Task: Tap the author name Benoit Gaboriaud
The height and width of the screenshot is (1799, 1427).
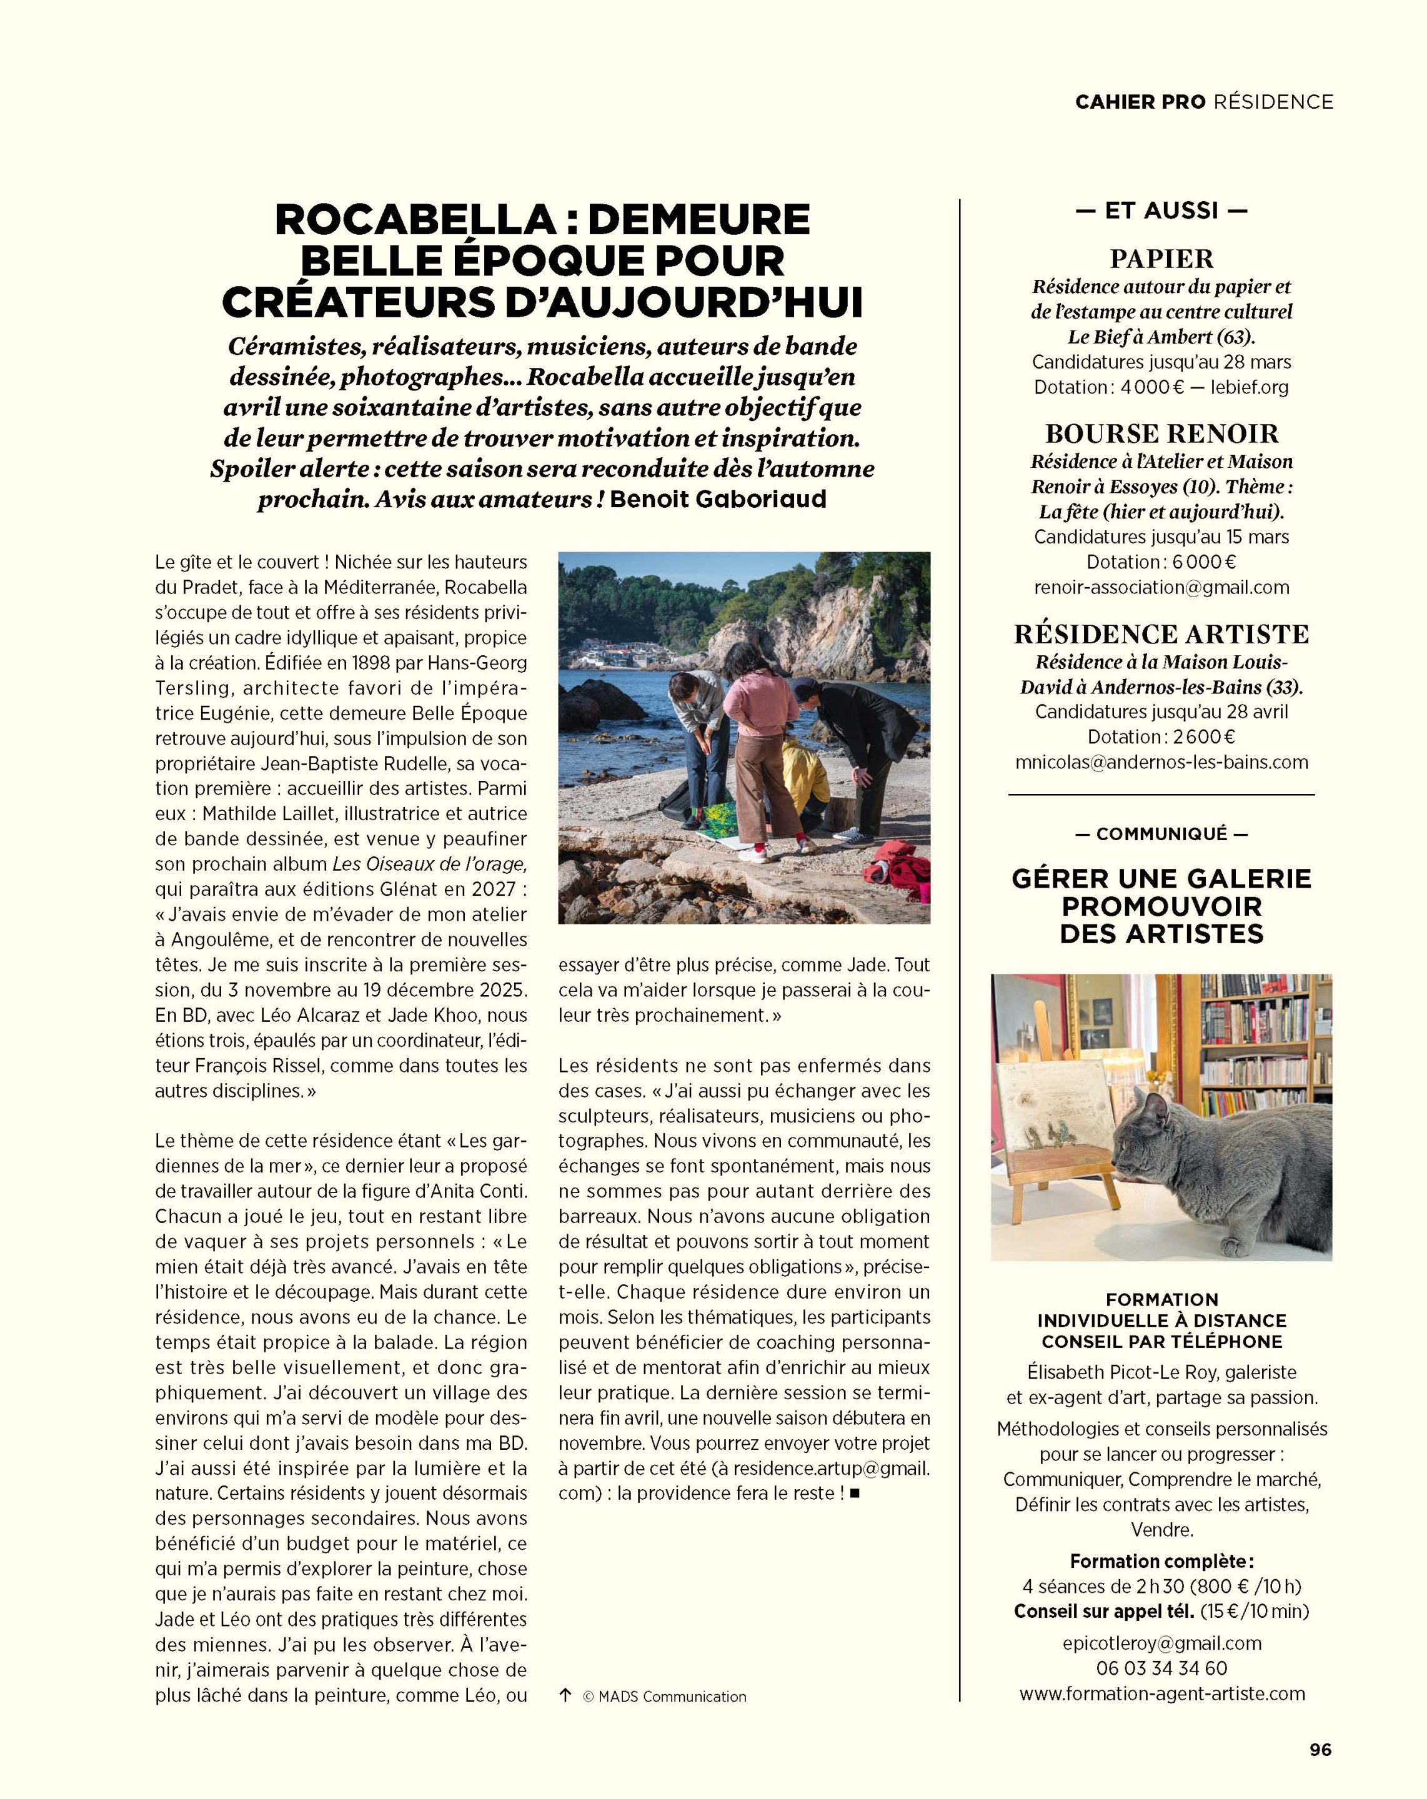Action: click(x=718, y=499)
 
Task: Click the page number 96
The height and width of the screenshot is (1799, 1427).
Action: click(x=1320, y=1750)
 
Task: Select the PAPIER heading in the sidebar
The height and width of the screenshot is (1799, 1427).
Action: click(x=1161, y=259)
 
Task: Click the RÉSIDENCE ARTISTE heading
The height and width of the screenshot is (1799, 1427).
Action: click(x=1161, y=634)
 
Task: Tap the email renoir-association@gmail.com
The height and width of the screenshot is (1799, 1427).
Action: click(x=1161, y=587)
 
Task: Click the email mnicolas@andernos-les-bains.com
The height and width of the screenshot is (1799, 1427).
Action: click(x=1161, y=762)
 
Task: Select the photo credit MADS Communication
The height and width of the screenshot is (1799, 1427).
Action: click(x=672, y=1697)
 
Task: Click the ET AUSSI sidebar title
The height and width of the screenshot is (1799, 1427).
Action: click(x=1161, y=211)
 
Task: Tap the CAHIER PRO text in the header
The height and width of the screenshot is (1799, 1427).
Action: click(x=1139, y=102)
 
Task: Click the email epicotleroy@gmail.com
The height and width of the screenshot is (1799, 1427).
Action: click(x=1161, y=1643)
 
